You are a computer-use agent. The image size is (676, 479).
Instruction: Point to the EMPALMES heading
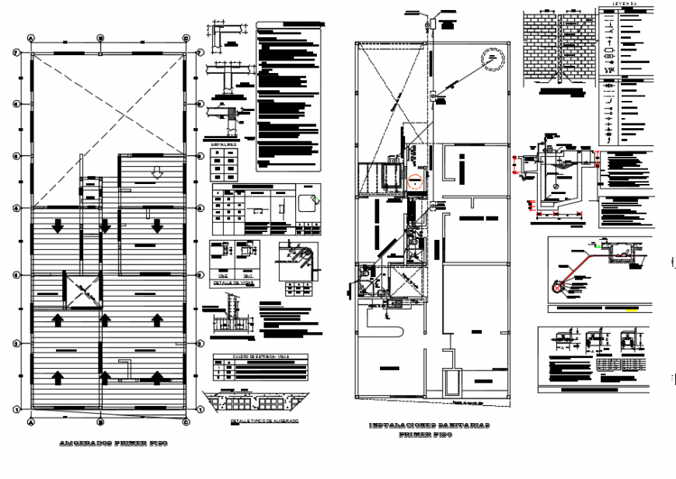223,143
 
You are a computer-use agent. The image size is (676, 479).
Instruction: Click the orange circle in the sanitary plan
415,182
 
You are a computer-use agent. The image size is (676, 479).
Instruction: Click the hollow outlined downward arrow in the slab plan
158,173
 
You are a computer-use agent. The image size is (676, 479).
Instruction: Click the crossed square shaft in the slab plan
83,292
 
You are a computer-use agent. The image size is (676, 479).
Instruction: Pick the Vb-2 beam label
222,275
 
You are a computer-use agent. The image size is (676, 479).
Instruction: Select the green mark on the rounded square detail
314,200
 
